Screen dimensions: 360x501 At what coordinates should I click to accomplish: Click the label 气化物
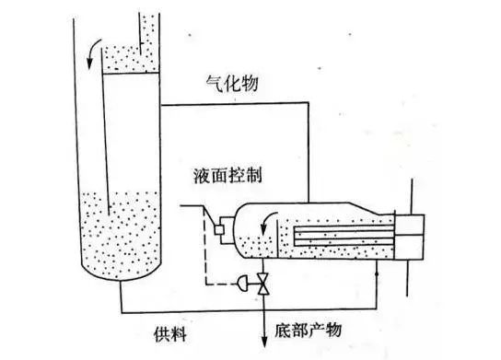coord(231,84)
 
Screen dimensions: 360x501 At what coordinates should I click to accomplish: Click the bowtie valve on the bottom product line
coord(265,283)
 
